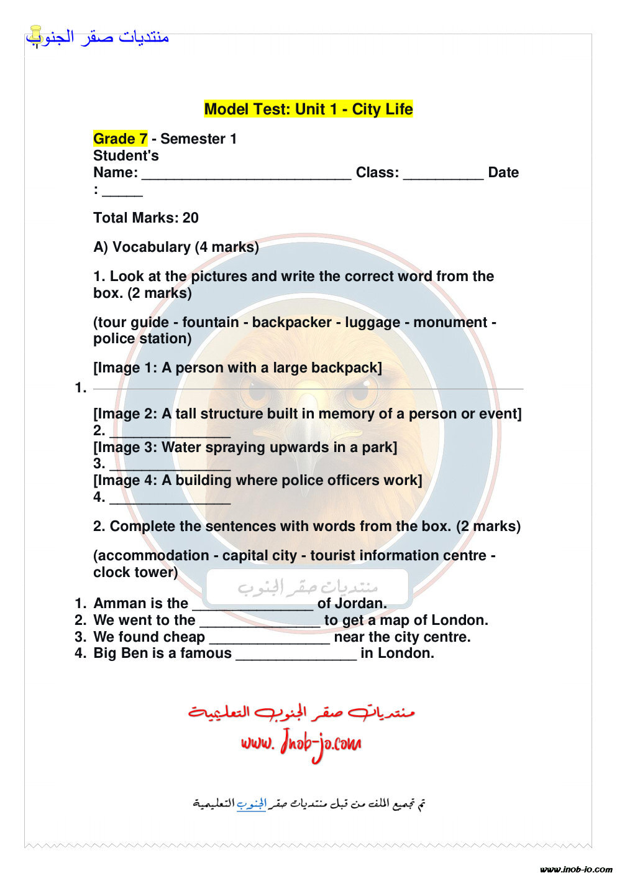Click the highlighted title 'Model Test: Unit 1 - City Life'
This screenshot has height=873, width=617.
click(308, 109)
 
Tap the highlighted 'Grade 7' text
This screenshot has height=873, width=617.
click(121, 139)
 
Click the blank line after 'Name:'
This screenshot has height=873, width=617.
click(246, 174)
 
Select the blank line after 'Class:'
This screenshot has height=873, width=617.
click(443, 174)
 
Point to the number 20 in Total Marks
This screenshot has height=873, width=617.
click(191, 218)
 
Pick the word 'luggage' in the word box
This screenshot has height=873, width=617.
click(373, 322)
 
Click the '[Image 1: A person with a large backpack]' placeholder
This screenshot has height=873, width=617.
click(237, 368)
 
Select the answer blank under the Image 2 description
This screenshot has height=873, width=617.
click(170, 432)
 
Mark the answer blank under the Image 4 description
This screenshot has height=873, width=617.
click(170, 498)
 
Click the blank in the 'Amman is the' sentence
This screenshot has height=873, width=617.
click(253, 604)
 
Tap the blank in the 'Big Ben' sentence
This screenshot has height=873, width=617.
click(296, 654)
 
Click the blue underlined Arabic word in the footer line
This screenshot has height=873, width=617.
click(251, 804)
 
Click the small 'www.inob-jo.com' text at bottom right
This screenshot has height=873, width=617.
click(576, 869)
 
